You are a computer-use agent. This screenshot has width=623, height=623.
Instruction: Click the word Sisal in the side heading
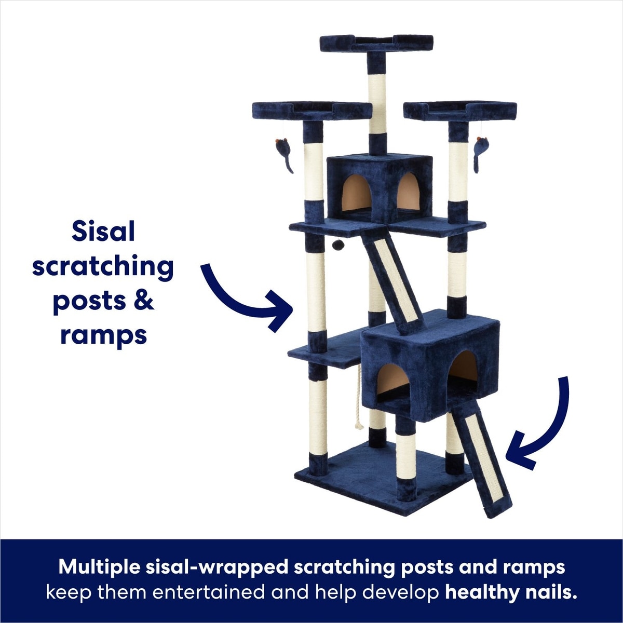coord(103,232)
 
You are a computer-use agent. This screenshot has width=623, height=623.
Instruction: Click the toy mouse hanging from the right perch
coord(481,154)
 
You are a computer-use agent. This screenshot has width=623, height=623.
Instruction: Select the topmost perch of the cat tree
coord(376,43)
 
